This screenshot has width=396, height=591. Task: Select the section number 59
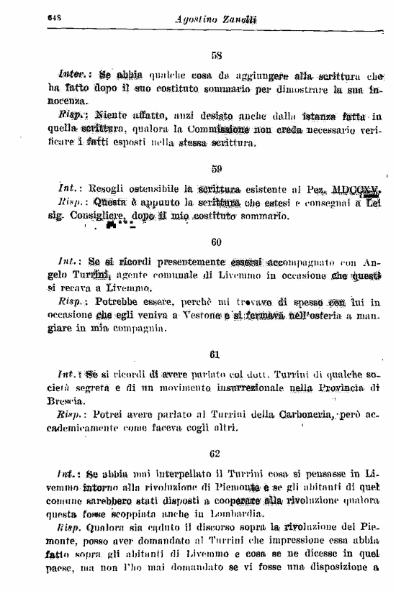pyautogui.click(x=216, y=170)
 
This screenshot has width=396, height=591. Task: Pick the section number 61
pyautogui.click(x=215, y=355)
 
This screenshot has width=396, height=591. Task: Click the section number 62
pyautogui.click(x=215, y=454)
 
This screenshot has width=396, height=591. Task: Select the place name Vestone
pyautogui.click(x=194, y=316)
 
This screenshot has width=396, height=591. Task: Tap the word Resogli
pyautogui.click(x=104, y=190)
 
